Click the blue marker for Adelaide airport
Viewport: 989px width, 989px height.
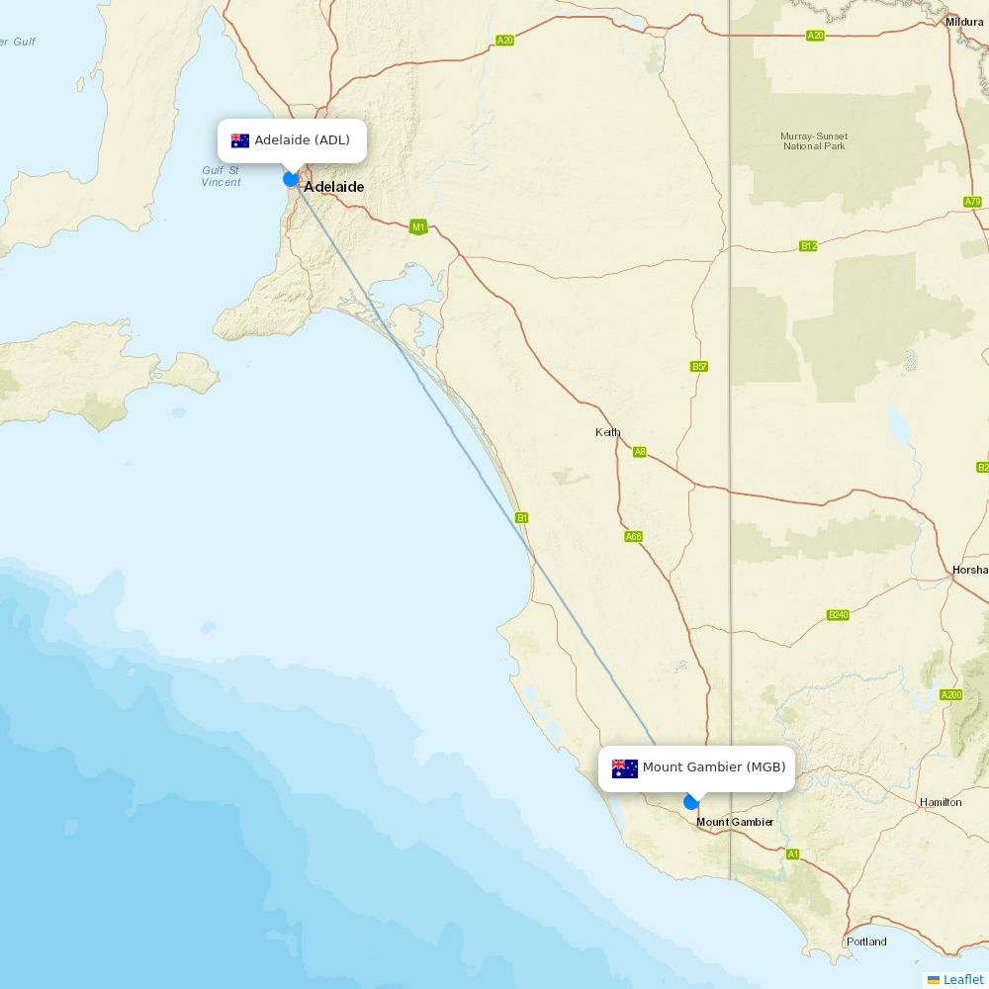pyautogui.click(x=291, y=179)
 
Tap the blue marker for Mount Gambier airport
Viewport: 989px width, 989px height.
pyautogui.click(x=691, y=802)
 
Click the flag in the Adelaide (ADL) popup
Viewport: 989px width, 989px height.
pyautogui.click(x=240, y=140)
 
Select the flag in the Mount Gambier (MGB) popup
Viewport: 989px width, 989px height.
pyautogui.click(x=625, y=768)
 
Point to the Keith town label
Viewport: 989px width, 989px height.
pyautogui.click(x=607, y=432)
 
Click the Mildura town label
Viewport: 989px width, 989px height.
pyautogui.click(x=964, y=22)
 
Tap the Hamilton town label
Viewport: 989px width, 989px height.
pyautogui.click(x=940, y=802)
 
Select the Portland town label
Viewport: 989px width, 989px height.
pyautogui.click(x=866, y=942)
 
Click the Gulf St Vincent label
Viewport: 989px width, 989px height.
pyautogui.click(x=221, y=176)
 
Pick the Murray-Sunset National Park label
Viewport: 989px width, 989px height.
pyautogui.click(x=814, y=140)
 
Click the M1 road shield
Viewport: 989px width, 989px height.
pyautogui.click(x=418, y=227)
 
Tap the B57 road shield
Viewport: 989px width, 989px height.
pyautogui.click(x=699, y=367)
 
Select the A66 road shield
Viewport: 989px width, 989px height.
pyautogui.click(x=633, y=537)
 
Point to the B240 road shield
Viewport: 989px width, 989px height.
pyautogui.click(x=838, y=615)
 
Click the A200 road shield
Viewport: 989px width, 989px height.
pyautogui.click(x=950, y=695)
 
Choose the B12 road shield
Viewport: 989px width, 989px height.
pyautogui.click(x=808, y=246)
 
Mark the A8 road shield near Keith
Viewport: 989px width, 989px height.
pyautogui.click(x=640, y=452)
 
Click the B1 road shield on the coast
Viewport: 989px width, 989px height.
pyautogui.click(x=522, y=517)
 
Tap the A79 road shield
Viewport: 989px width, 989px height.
pyautogui.click(x=972, y=202)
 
